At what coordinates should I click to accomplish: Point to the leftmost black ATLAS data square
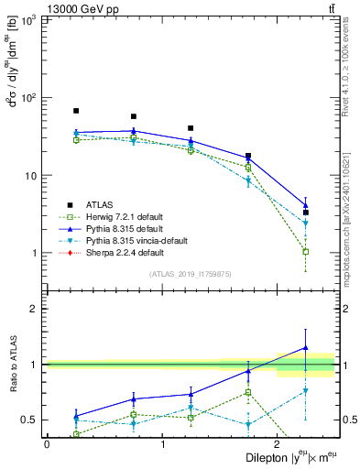tap(76, 111)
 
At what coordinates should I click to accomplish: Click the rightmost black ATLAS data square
tap(305, 213)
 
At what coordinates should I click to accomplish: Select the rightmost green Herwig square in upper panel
tap(305, 251)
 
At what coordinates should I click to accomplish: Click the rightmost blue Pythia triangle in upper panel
tap(305, 205)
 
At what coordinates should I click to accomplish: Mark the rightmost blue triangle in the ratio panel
tap(305, 348)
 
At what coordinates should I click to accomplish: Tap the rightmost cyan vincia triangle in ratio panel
tap(305, 391)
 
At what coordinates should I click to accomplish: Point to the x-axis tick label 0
tap(47, 443)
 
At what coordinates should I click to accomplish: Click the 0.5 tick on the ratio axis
tap(33, 420)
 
